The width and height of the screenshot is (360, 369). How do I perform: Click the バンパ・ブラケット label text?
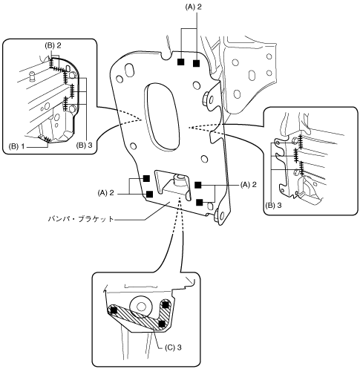(x=81, y=219)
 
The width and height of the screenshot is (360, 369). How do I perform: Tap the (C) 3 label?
(x=173, y=347)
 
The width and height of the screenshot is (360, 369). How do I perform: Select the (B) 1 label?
(x=17, y=146)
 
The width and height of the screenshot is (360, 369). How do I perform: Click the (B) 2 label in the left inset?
(x=53, y=45)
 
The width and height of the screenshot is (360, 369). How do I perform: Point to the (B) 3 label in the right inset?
(x=273, y=206)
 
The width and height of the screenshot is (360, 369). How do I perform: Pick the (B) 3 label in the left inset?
(x=84, y=145)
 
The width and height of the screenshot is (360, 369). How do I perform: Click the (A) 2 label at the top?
(x=194, y=7)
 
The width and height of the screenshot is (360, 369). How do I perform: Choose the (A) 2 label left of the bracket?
(x=106, y=192)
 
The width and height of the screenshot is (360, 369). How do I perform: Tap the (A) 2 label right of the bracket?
(x=248, y=184)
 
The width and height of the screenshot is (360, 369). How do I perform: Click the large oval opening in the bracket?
(x=161, y=116)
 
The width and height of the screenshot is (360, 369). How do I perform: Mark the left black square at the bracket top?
(x=181, y=62)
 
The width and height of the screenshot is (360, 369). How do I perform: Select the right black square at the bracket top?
(x=196, y=63)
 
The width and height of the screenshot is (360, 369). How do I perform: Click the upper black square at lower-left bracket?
(x=146, y=178)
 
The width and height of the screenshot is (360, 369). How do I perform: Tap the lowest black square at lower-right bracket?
(x=200, y=203)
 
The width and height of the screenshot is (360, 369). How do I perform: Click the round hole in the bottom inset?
(x=141, y=307)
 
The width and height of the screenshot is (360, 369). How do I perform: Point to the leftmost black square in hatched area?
(x=114, y=310)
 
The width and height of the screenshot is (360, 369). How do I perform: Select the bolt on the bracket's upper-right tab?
(x=209, y=99)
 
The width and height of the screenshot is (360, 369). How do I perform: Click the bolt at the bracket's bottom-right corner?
(x=220, y=216)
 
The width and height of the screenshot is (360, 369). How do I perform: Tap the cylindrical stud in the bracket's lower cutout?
(x=179, y=180)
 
